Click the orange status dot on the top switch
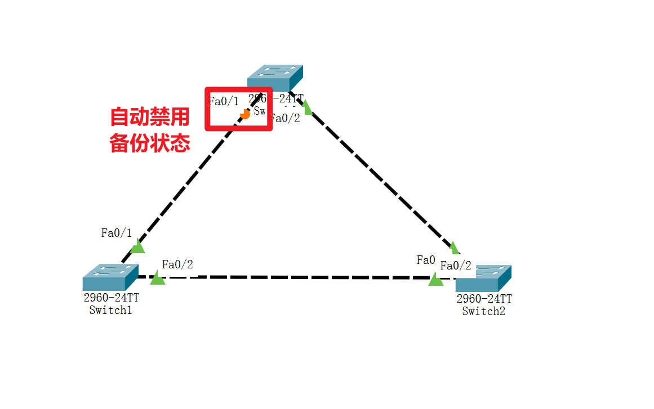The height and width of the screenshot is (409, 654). click(244, 114)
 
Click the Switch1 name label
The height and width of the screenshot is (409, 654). click(110, 310)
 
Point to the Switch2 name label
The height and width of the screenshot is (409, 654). click(483, 311)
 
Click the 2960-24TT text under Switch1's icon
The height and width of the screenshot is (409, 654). click(111, 298)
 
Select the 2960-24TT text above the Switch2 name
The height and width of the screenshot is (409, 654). click(484, 299)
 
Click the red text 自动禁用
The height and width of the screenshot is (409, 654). click(149, 118)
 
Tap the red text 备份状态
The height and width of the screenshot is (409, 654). click(149, 143)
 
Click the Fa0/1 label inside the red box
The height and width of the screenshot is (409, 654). click(224, 101)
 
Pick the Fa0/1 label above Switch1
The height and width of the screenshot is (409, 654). click(116, 233)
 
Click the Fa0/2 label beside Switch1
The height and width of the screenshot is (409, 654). click(177, 264)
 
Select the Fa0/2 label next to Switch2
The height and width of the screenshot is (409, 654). click(456, 266)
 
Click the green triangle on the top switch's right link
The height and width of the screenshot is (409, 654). click(307, 105)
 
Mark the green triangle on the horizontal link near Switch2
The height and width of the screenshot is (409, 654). click(435, 279)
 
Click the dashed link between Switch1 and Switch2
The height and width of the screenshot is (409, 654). click(293, 277)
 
